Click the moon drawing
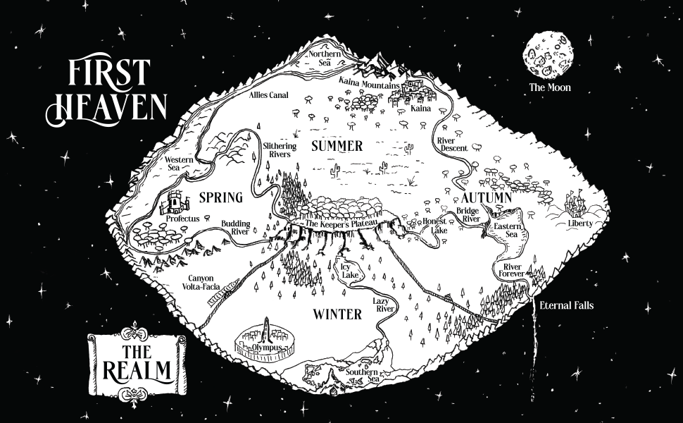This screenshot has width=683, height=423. (x=548, y=54)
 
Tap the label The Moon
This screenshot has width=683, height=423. (x=550, y=88)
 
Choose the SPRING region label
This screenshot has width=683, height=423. (x=220, y=197)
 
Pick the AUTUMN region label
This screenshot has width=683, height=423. (x=486, y=198)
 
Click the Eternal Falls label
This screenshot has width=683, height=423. (x=567, y=306)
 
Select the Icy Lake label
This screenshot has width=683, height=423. (x=350, y=272)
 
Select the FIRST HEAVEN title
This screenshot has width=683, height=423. (x=107, y=91)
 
